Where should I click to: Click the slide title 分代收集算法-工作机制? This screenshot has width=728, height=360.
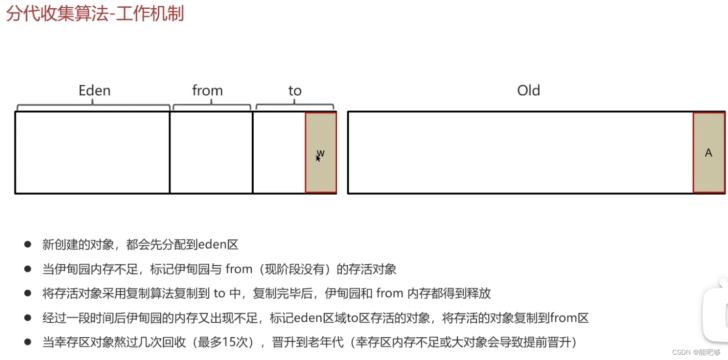coord(95,14)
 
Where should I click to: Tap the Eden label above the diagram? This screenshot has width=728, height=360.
coord(94,90)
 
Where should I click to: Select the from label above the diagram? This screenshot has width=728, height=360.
coord(207,90)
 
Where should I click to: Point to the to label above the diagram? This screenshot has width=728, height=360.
coord(295,90)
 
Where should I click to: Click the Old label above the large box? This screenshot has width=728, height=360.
coord(529,90)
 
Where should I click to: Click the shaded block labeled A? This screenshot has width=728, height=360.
coord(709,153)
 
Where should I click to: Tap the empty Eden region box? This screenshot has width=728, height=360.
coord(92,153)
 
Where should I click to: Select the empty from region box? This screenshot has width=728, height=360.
coord(211,153)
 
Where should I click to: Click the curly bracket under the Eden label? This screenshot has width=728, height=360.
coord(93,106)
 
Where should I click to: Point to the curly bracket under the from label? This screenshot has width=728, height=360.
coord(212,106)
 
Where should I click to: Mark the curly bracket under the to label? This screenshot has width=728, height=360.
coord(294,106)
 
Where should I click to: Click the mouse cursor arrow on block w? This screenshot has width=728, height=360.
coord(318,158)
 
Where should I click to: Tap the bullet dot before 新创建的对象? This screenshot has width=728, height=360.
coord(28,244)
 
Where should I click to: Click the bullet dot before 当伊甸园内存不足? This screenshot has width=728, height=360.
coord(28,269)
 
